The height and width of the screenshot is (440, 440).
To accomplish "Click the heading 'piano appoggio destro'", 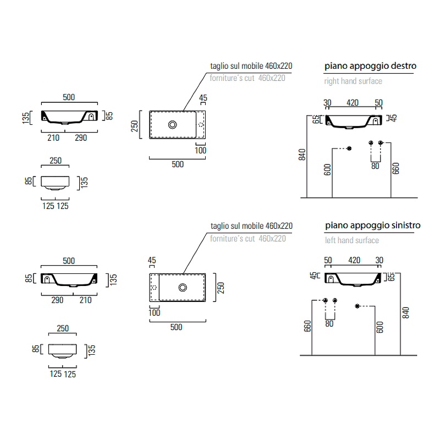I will point(370,66).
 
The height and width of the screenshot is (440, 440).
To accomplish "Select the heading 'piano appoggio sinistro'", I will point(372,226).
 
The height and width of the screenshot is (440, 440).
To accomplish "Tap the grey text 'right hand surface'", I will point(353,81).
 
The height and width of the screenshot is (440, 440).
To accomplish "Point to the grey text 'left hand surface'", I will point(351,240).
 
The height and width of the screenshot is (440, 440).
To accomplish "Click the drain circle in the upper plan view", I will point(173,125).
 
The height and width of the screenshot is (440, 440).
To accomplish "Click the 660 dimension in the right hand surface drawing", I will point(395,168).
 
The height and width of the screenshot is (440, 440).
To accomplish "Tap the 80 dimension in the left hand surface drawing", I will point(329,324).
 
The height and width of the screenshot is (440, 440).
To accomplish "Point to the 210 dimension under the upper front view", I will point(53,138).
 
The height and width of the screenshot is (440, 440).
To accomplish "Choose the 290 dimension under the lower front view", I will point(57,300).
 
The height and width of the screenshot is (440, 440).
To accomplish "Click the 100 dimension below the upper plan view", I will point(200,151).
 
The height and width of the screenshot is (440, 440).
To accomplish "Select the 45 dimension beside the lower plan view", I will point(152,261).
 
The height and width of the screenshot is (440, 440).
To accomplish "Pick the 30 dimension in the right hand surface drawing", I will point(327,103).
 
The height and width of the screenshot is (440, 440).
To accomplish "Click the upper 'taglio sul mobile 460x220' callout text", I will point(251,66).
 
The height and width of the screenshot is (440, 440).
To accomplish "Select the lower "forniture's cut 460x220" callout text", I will point(248,238).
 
